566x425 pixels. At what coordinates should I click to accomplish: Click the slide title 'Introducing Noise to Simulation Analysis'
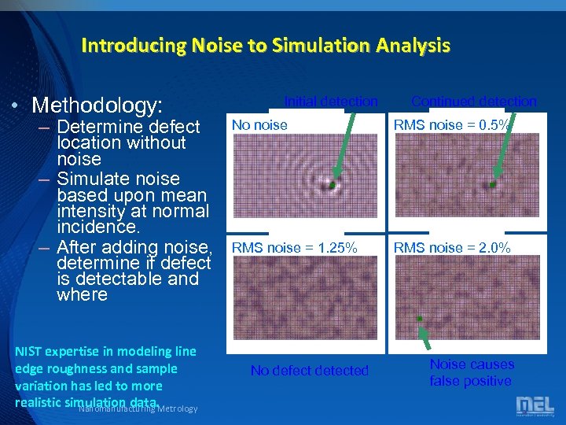point(266,46)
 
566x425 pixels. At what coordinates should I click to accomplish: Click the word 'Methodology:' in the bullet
point(106,105)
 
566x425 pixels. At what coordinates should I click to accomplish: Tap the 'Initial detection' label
point(331,101)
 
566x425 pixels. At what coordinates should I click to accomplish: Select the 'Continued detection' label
point(473,101)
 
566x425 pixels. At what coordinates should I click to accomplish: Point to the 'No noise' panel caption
point(259,124)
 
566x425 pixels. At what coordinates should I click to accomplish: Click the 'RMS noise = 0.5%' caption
point(452,124)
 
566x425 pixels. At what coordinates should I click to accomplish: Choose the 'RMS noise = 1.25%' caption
point(294,248)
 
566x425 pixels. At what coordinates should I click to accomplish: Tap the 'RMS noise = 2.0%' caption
point(452,248)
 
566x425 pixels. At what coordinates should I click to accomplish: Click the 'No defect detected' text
point(309,371)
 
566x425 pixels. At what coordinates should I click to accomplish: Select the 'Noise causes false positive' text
point(471,373)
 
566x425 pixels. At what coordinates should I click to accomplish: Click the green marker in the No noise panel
point(332,185)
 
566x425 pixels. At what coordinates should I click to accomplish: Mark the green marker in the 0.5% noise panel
point(493,184)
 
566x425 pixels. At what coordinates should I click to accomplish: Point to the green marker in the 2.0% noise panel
point(420,318)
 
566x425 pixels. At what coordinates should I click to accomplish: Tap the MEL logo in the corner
point(535,406)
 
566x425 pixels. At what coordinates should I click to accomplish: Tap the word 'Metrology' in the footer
point(178,408)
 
